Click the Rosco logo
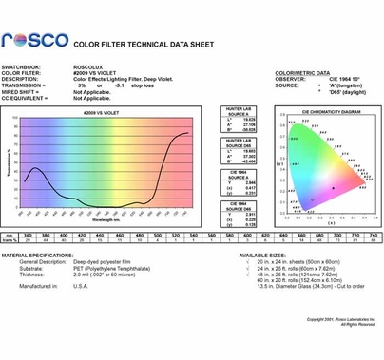(35, 42)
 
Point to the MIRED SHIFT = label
(23, 91)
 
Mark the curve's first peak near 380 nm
(35, 169)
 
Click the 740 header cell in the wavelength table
(355, 235)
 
